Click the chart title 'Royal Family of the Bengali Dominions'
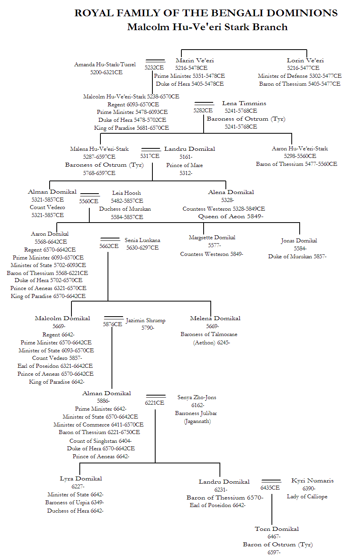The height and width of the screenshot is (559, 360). [206, 13]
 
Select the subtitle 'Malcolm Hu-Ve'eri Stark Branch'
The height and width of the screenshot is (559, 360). [207, 27]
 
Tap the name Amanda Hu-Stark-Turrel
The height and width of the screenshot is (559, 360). [105, 64]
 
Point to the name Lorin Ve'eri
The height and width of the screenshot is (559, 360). [305, 60]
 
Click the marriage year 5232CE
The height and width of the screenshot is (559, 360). [154, 67]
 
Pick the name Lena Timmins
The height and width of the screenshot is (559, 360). [244, 103]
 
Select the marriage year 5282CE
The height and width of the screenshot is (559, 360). [203, 110]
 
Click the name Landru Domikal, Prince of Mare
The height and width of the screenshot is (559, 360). [190, 149]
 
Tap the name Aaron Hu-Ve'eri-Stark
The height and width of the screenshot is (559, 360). [300, 148]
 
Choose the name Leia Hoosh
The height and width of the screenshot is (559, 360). [126, 193]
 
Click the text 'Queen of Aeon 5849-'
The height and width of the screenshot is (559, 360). [231, 216]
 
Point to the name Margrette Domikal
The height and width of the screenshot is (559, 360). [212, 237]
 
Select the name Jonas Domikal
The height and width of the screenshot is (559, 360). [299, 240]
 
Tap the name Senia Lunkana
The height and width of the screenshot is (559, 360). [142, 240]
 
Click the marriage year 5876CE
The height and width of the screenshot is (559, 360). [112, 324]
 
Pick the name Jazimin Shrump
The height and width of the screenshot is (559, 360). [145, 320]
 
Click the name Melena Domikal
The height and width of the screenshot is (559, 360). [215, 318]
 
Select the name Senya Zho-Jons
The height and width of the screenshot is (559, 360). [197, 397]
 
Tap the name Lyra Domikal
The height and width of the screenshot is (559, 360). [81, 478]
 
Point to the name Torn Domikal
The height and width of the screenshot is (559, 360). [277, 528]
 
